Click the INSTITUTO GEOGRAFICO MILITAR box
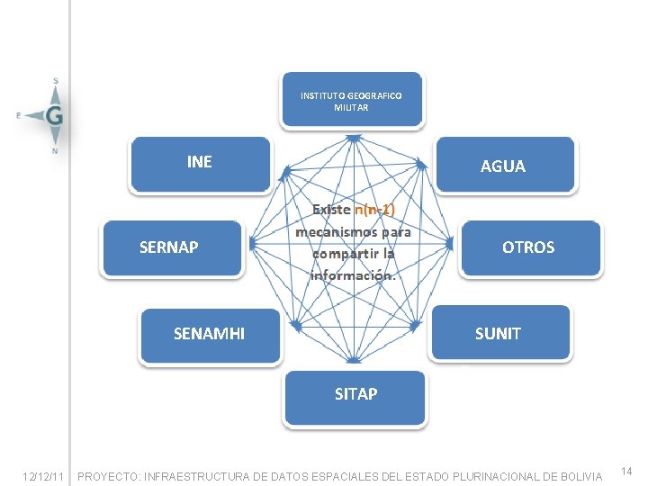click(352, 100)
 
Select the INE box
click(200, 163)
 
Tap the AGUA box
click(503, 166)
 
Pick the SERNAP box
click(169, 247)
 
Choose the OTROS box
click(528, 247)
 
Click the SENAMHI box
click(209, 334)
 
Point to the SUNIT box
click(498, 334)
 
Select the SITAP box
click(355, 393)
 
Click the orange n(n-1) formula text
click(374, 210)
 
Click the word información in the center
click(353, 275)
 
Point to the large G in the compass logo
click(55, 115)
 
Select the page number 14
click(627, 472)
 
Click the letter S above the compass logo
click(56, 81)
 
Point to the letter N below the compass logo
click(55, 151)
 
